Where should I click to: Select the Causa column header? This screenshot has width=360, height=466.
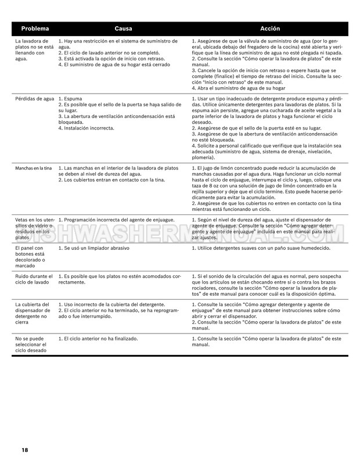123,28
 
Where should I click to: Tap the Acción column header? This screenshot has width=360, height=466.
270,28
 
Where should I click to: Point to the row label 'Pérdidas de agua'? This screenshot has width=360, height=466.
34,99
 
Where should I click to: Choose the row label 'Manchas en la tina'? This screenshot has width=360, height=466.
34,168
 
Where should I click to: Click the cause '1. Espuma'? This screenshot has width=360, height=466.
71,99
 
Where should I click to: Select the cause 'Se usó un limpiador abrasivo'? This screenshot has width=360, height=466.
94,248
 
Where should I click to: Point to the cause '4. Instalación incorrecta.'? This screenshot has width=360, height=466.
87,128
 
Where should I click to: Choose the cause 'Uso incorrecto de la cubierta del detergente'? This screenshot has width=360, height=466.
112,304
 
